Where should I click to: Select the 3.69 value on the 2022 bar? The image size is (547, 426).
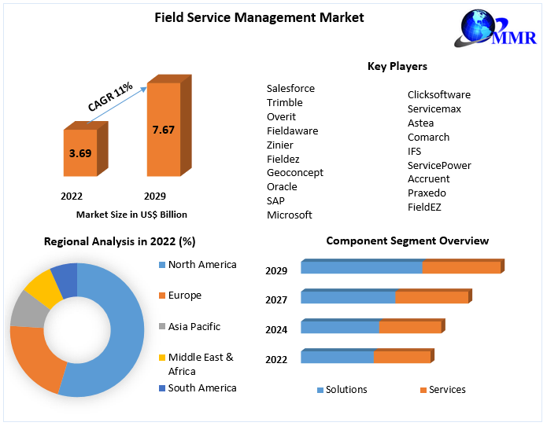click(x=80, y=153)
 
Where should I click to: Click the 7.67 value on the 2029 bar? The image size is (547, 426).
click(x=164, y=130)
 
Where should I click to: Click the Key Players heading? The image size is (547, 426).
click(x=397, y=66)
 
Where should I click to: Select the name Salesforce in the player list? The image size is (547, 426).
click(x=290, y=88)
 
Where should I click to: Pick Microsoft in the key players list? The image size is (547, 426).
click(x=289, y=215)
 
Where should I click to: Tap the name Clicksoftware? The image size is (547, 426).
click(x=438, y=94)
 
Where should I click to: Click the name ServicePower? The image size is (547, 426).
click(x=439, y=165)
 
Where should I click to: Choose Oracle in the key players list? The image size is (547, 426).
click(x=282, y=186)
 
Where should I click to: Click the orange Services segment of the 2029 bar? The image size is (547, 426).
click(x=461, y=267)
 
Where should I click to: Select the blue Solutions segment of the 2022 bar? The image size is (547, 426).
click(x=337, y=358)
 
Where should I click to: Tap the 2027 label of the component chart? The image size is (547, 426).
click(x=276, y=299)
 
